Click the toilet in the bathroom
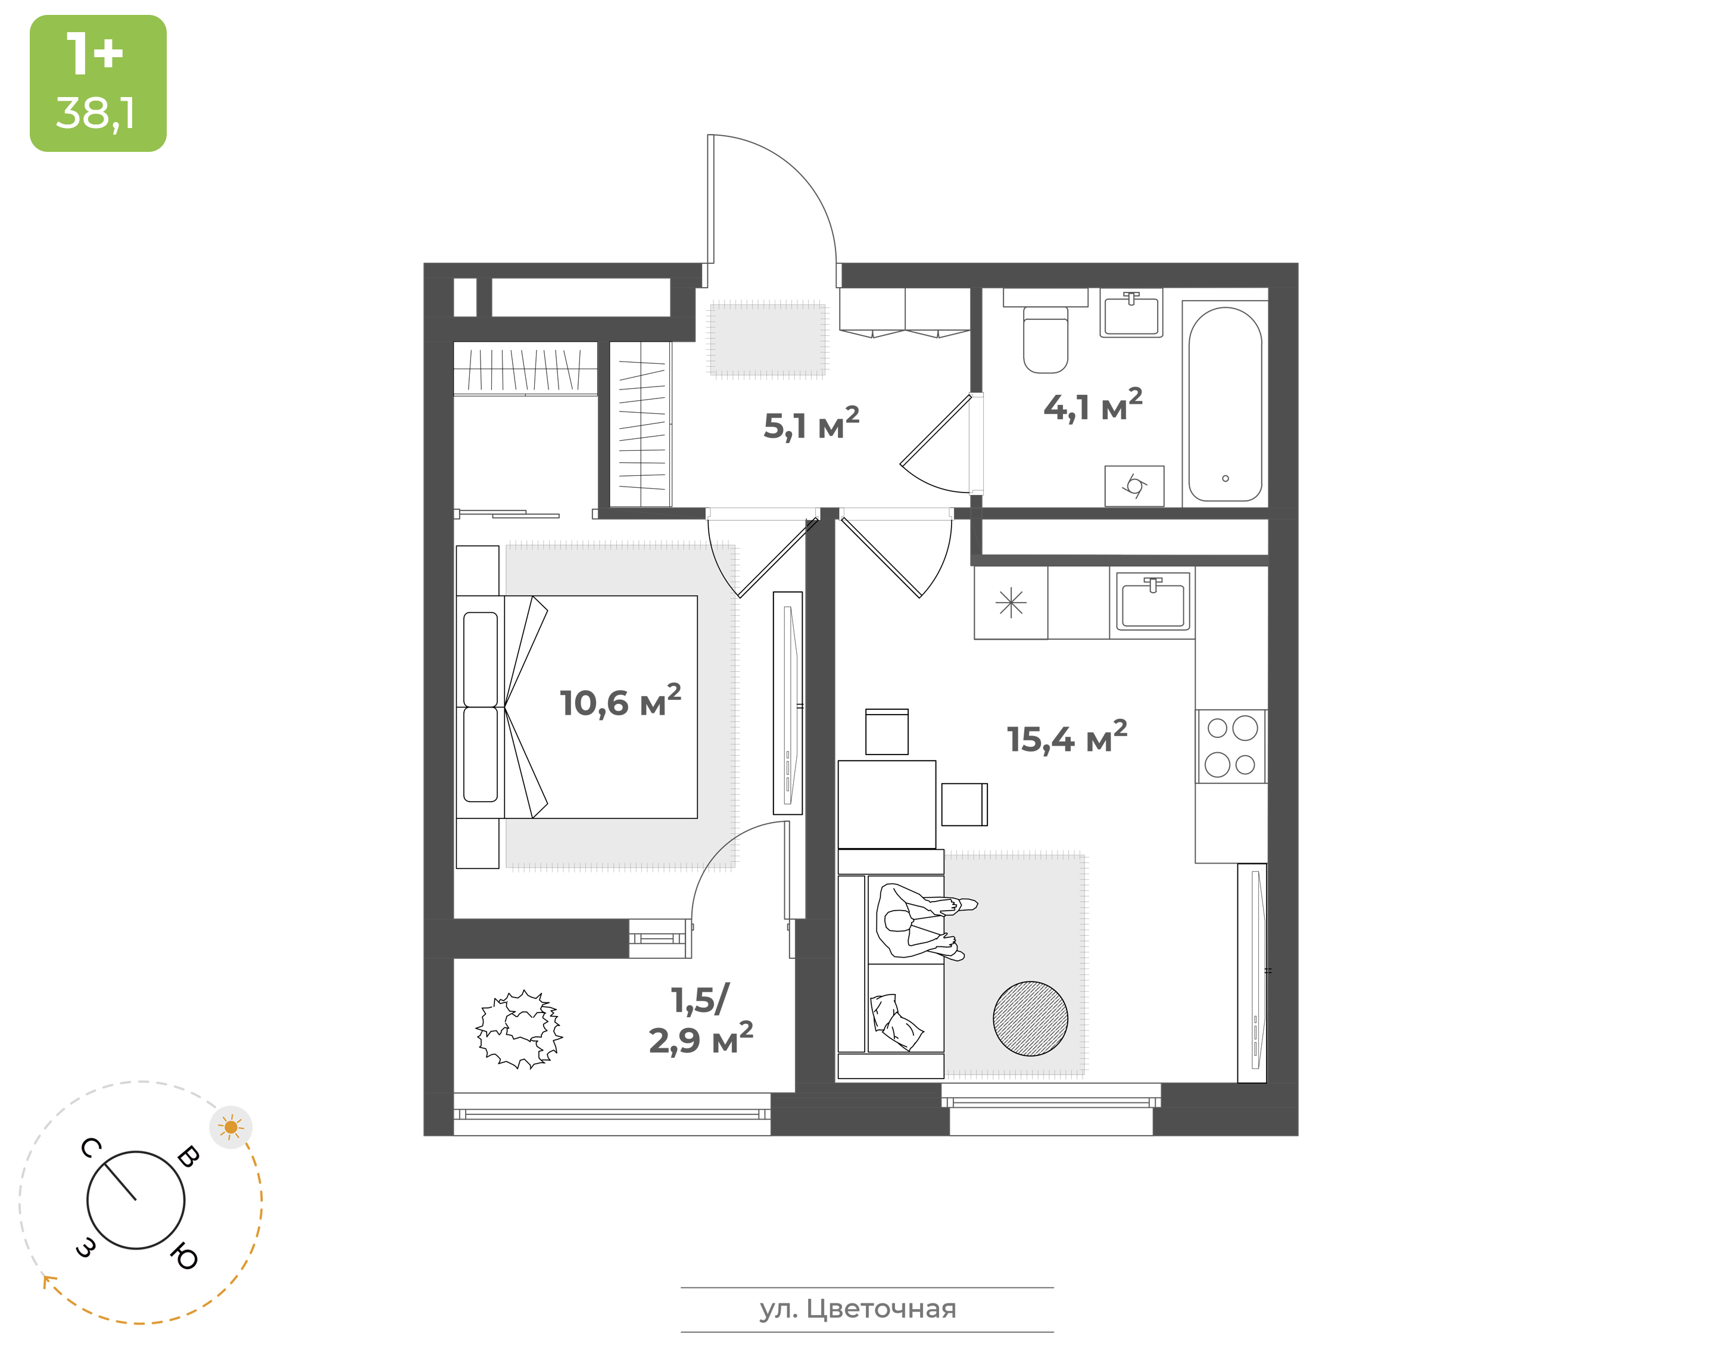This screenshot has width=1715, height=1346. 1046,339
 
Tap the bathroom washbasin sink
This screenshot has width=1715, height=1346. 1131,314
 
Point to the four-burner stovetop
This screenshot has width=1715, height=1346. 1231,746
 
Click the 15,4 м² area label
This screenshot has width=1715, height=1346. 1068,738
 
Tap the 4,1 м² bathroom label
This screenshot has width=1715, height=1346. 1093,405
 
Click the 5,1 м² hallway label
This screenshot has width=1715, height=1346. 812,424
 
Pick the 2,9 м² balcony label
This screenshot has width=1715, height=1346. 701,1039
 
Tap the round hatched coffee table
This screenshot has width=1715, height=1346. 1030,1018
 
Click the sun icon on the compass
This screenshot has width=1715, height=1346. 231,1127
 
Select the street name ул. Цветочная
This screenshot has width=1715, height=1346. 858,1309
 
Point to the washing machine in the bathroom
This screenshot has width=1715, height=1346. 1134,485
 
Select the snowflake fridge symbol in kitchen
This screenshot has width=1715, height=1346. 1011,603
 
